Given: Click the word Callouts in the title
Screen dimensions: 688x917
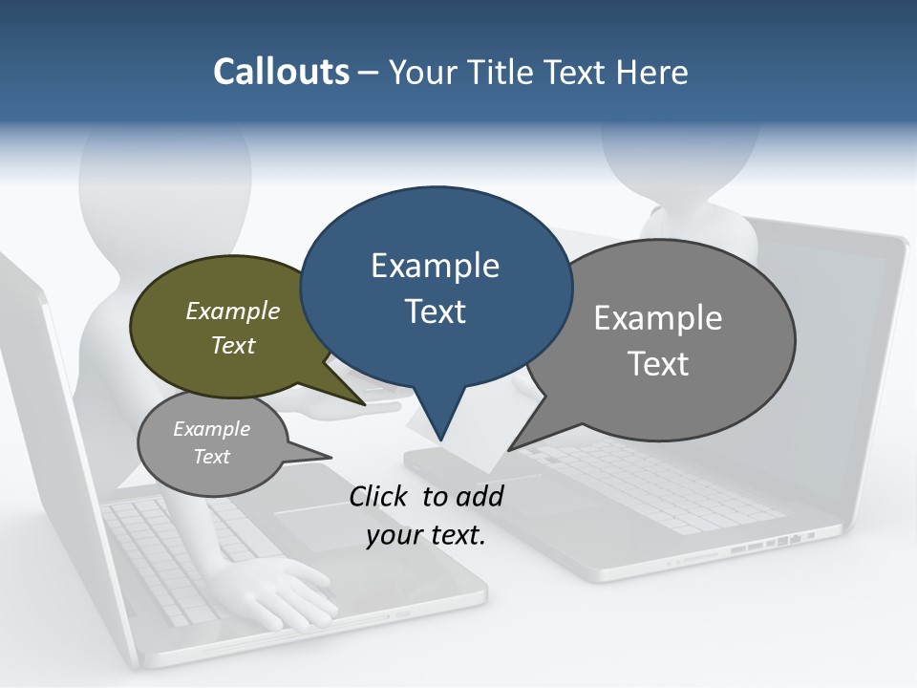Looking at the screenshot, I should click(x=281, y=72).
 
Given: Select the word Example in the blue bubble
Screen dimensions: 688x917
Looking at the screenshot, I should click(x=435, y=266).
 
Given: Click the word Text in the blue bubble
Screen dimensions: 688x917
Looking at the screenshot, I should click(x=435, y=312).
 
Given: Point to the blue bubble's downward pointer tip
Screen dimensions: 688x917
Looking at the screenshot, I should click(x=440, y=439).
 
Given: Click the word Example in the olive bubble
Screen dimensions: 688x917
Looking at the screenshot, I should click(x=233, y=311).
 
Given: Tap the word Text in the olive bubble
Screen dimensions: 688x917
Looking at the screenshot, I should click(x=233, y=345).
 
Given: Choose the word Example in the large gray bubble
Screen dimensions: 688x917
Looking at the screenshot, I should click(x=658, y=318).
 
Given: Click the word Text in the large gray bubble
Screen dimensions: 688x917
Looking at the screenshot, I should click(x=658, y=364).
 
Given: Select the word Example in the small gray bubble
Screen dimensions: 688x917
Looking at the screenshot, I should click(x=211, y=429).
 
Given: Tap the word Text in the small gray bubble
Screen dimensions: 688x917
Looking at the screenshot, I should click(x=211, y=457).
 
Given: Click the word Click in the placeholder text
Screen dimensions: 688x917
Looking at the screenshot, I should click(x=381, y=496).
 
